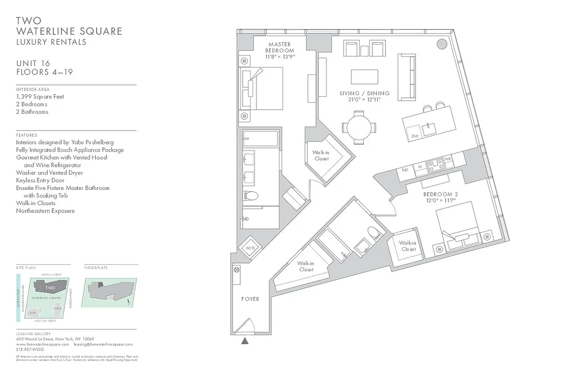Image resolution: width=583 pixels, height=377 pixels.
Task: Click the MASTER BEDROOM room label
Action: [x=279, y=50]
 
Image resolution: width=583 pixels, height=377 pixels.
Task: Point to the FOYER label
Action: [x=250, y=299]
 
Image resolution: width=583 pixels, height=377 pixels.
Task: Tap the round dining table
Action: [x=359, y=127]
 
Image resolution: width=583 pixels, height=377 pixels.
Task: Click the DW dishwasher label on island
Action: [x=414, y=136]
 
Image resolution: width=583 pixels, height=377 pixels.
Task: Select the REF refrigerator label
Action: [x=404, y=170]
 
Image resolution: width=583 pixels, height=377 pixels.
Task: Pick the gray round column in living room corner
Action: [x=442, y=44]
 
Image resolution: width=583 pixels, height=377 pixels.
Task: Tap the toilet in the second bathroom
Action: [x=374, y=233]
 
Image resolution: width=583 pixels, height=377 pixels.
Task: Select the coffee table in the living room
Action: [x=364, y=77]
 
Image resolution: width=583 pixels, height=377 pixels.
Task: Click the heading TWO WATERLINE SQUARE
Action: [x=69, y=26]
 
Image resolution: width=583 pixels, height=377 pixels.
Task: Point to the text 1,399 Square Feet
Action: [x=40, y=97]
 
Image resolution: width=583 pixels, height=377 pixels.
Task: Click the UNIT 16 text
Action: [x=33, y=64]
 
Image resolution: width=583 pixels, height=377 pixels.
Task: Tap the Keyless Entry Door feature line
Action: [x=40, y=180]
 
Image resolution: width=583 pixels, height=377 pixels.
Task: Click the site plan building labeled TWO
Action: [x=50, y=287]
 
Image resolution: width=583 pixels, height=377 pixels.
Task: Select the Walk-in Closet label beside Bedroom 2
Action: [x=407, y=246]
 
